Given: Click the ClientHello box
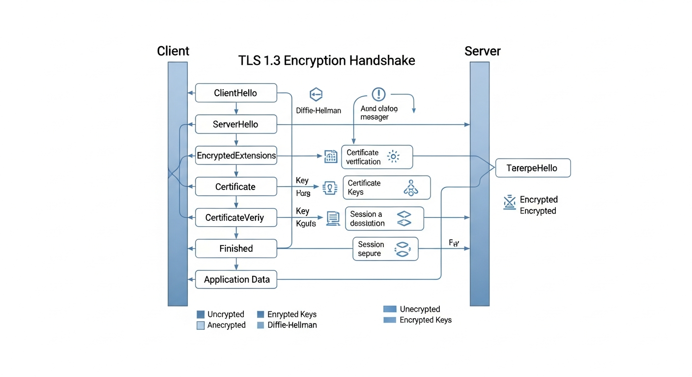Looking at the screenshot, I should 236,93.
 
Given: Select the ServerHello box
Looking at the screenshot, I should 236,124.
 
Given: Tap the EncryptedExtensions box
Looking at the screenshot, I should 236,156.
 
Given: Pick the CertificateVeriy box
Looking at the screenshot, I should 236,217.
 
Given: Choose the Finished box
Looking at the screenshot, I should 236,248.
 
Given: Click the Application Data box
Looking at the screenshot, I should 236,280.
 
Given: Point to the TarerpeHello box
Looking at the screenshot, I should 533,168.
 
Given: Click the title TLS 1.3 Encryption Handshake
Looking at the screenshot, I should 326,60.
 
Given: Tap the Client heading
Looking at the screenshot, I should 173,51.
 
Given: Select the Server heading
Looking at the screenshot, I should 482,51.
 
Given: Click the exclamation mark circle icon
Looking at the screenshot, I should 379,94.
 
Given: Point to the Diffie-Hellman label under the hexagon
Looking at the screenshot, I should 318,110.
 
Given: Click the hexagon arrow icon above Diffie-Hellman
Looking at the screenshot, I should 316,94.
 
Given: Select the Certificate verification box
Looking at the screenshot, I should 377,157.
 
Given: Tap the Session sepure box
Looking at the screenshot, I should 385,249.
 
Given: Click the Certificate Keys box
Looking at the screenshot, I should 386,188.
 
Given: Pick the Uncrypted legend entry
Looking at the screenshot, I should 226,314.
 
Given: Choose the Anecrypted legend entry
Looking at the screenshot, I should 226,325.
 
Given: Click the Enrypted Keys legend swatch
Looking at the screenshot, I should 261,314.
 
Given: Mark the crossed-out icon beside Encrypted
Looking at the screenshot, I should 510,202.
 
